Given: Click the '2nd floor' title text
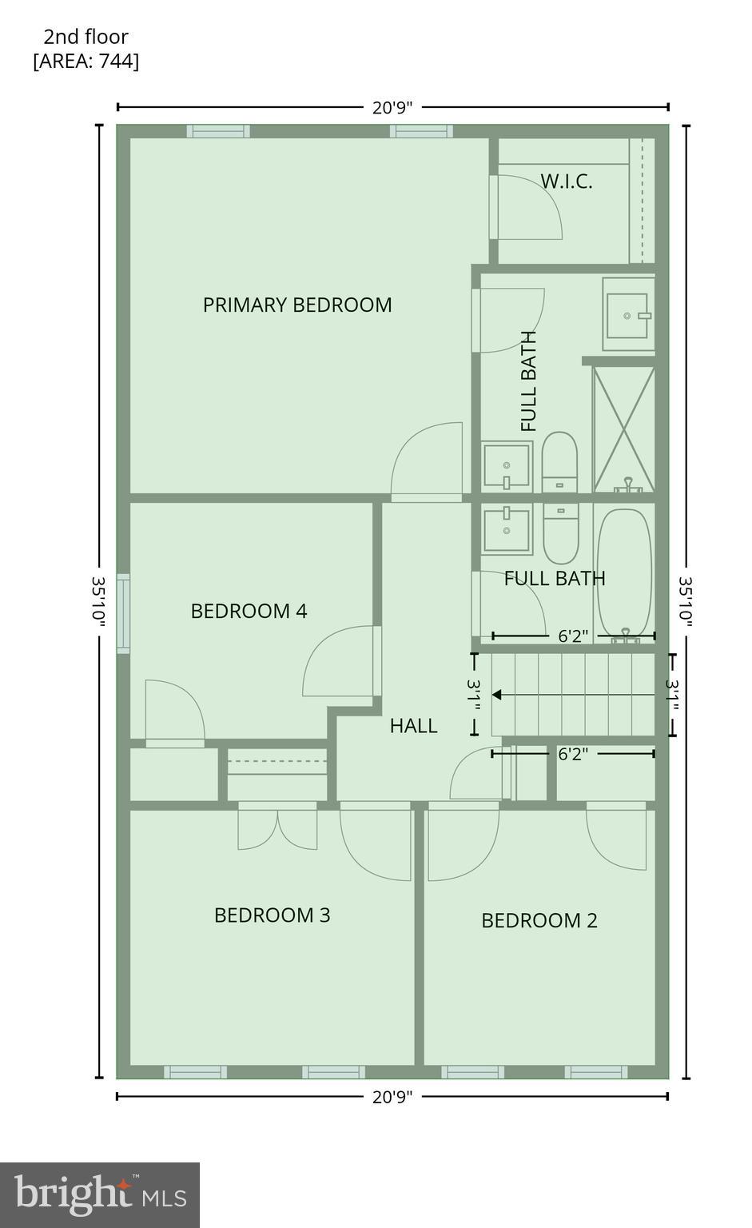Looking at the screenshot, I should pyautogui.click(x=86, y=37).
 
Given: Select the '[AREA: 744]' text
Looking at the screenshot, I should pyautogui.click(x=86, y=62).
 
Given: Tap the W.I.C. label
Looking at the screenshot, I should pyautogui.click(x=567, y=181).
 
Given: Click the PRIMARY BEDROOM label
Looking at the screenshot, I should pyautogui.click(x=296, y=305).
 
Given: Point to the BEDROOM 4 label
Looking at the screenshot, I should pyautogui.click(x=249, y=611).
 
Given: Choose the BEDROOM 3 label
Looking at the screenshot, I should pyautogui.click(x=272, y=915).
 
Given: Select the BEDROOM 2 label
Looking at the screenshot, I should pyautogui.click(x=539, y=920).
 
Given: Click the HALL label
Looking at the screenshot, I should pyautogui.click(x=413, y=725).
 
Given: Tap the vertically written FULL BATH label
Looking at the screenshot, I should pyautogui.click(x=528, y=381).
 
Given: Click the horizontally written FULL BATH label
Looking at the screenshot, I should pyautogui.click(x=554, y=578).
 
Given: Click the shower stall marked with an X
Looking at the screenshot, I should pyautogui.click(x=623, y=429).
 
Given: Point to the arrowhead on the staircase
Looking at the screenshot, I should pyautogui.click(x=496, y=695).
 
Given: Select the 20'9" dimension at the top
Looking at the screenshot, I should pyautogui.click(x=392, y=107).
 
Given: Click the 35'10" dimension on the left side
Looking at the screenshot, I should pyautogui.click(x=98, y=601).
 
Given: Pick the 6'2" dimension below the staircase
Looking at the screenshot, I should pyautogui.click(x=572, y=753).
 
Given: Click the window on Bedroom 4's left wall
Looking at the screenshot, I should pyautogui.click(x=123, y=613).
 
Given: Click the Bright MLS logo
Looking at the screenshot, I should pyautogui.click(x=100, y=1194).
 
